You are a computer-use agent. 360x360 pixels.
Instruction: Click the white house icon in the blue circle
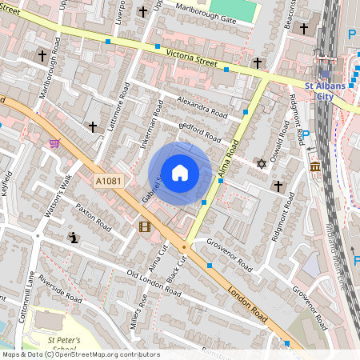tap(180, 173)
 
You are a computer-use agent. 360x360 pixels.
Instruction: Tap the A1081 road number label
tap(109, 182)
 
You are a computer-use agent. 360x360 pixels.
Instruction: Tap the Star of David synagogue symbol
tap(260, 163)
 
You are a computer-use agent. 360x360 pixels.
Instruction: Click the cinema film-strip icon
tap(144, 227)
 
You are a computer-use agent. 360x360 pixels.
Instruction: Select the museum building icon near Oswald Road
tap(315, 167)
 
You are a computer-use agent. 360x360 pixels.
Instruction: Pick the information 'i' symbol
tap(74, 238)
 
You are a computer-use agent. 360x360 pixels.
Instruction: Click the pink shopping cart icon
tap(54, 144)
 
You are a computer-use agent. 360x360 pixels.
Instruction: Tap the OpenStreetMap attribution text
tap(80, 354)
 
